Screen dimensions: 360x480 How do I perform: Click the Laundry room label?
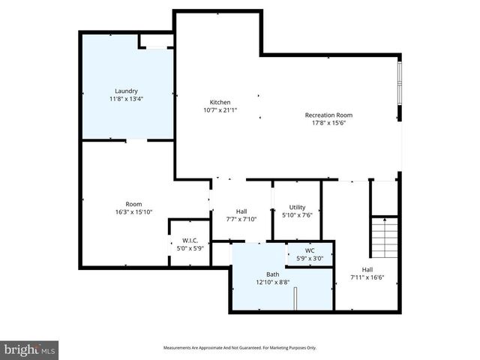(x=126, y=91)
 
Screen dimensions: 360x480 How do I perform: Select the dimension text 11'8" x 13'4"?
(x=126, y=99)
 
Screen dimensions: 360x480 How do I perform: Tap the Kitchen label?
(x=220, y=103)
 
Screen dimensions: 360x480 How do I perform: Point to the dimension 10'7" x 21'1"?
(x=220, y=111)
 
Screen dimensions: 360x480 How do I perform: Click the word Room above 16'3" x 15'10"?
(x=133, y=204)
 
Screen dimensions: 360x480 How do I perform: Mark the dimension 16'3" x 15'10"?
(x=133, y=212)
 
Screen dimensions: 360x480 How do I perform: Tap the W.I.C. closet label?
(x=189, y=241)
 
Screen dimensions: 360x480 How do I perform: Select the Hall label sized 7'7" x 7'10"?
(x=241, y=211)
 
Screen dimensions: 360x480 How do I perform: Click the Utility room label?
(x=297, y=207)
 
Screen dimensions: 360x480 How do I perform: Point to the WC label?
(x=310, y=250)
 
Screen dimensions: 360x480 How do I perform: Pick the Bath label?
(x=272, y=274)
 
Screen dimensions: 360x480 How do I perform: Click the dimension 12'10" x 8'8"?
(x=272, y=283)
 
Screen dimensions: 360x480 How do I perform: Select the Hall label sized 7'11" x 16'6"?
(x=367, y=269)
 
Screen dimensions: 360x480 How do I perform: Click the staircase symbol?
(x=385, y=236)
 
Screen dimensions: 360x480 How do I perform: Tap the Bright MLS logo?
(x=29, y=349)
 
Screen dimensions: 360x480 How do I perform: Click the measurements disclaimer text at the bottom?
(x=240, y=348)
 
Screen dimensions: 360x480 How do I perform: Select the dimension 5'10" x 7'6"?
(x=297, y=215)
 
